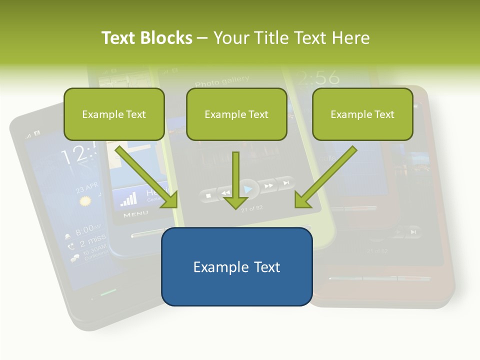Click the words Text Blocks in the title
click(146, 38)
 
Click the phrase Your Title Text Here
click(291, 38)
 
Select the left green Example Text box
click(114, 114)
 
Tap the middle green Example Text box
click(236, 114)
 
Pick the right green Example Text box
click(362, 114)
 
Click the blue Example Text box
click(236, 266)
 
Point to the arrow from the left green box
click(147, 177)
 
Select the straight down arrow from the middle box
click(235, 181)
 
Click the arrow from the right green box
click(325, 177)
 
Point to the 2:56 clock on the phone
click(317, 77)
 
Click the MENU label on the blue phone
click(135, 214)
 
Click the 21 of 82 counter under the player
click(251, 209)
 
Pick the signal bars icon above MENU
click(128, 199)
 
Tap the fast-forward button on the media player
click(269, 186)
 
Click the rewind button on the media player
click(226, 192)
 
